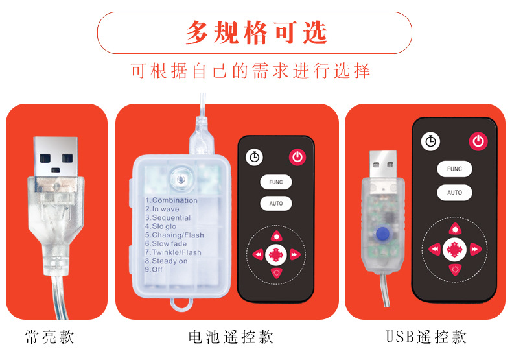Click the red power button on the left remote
(297, 157)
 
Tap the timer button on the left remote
(254, 157)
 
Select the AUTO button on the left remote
(276, 203)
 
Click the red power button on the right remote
(478, 141)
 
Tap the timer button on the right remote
(430, 141)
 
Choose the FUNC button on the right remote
(454, 169)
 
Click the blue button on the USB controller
(382, 234)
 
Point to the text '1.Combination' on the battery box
(172, 200)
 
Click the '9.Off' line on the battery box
(154, 269)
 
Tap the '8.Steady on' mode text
(166, 261)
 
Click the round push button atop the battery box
(181, 179)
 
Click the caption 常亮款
(50, 337)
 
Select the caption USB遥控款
(426, 337)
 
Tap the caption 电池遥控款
(231, 337)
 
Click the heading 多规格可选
(257, 32)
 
